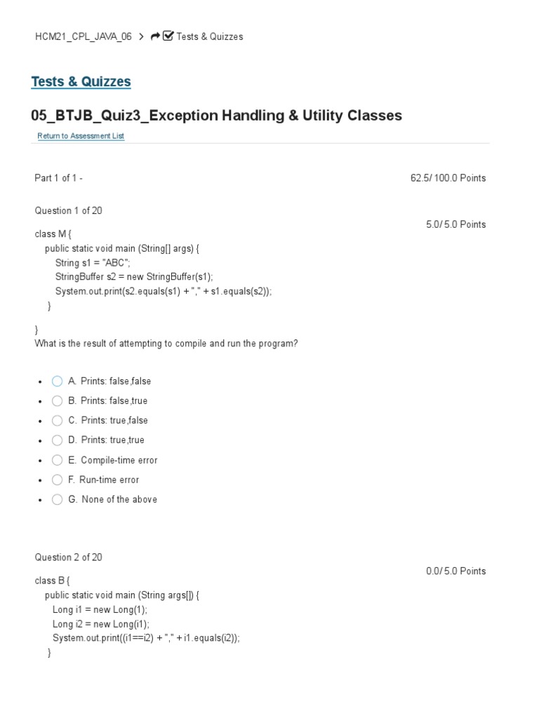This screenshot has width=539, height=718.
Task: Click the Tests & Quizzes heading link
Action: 81,81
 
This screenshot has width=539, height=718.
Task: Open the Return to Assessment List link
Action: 81,136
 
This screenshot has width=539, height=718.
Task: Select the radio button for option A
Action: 58,381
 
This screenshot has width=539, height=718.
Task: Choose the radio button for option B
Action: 58,401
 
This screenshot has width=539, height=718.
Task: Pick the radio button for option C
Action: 58,421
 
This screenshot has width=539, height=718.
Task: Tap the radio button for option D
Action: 58,440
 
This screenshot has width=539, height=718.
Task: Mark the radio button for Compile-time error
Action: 58,461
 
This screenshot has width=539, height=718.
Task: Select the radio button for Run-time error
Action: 58,480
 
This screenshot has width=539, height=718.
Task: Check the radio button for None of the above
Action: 58,500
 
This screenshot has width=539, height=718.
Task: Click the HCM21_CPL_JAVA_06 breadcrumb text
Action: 83,36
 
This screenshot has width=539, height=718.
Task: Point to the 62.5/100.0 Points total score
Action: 448,178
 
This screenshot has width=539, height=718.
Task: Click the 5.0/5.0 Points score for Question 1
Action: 455,224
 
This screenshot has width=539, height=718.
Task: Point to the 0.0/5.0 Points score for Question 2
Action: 455,571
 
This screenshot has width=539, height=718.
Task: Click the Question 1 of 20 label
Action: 68,210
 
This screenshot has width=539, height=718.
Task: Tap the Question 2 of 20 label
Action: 68,557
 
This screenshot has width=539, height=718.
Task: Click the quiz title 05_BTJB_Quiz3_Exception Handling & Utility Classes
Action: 216,115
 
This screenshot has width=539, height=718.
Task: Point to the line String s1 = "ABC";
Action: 93,262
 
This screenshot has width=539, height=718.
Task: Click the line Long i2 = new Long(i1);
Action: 100,623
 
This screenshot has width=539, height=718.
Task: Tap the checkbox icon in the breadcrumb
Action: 168,36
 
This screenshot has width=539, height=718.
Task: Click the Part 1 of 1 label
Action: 58,178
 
